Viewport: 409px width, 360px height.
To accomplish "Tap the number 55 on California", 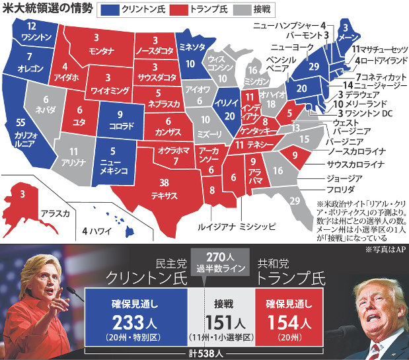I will coord(20,123).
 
